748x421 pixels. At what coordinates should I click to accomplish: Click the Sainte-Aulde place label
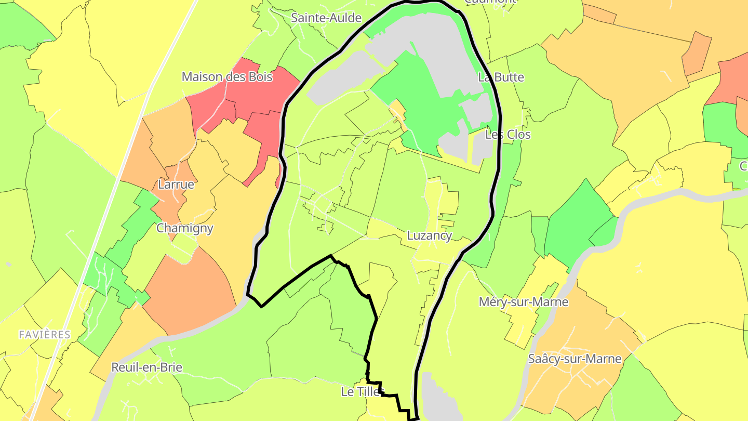pyautogui.click(x=326, y=18)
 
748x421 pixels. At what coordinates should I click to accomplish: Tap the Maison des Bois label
pyautogui.click(x=226, y=77)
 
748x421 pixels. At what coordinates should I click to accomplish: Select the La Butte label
pyautogui.click(x=501, y=77)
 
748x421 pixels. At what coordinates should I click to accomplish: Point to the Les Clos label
pyautogui.click(x=507, y=135)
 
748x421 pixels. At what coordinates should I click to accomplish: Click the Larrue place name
pyautogui.click(x=176, y=185)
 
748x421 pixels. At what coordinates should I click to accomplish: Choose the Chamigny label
pyautogui.click(x=185, y=228)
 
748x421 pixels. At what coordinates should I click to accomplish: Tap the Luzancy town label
pyautogui.click(x=429, y=235)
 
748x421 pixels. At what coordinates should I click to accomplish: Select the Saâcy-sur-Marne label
pyautogui.click(x=574, y=359)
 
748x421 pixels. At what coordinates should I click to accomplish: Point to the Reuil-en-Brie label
pyautogui.click(x=146, y=367)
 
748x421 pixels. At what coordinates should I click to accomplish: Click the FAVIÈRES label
pyautogui.click(x=45, y=335)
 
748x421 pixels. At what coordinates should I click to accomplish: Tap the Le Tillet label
pyautogui.click(x=362, y=391)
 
